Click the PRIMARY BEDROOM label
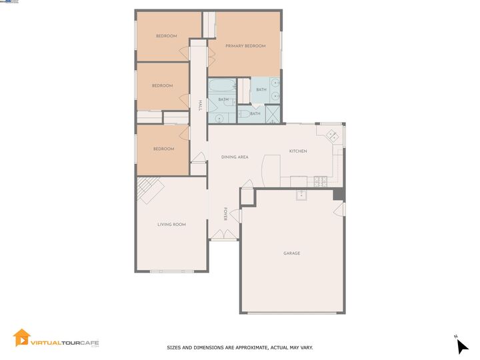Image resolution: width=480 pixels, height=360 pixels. [245, 46]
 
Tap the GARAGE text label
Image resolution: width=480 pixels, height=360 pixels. [291, 253]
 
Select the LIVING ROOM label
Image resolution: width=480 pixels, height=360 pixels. [171, 225]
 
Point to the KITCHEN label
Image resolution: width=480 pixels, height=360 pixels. [298, 151]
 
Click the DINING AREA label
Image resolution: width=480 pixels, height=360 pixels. [235, 157]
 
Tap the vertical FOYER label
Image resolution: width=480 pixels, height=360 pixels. [226, 214]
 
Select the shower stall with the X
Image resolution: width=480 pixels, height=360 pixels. [273, 115]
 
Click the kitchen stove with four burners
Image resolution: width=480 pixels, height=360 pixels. [320, 180]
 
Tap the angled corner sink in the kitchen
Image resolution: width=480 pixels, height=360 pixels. [331, 136]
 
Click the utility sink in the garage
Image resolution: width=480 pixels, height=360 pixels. [302, 195]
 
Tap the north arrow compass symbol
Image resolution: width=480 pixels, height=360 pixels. [461, 345]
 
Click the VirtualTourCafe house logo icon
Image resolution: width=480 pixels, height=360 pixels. [22, 338]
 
